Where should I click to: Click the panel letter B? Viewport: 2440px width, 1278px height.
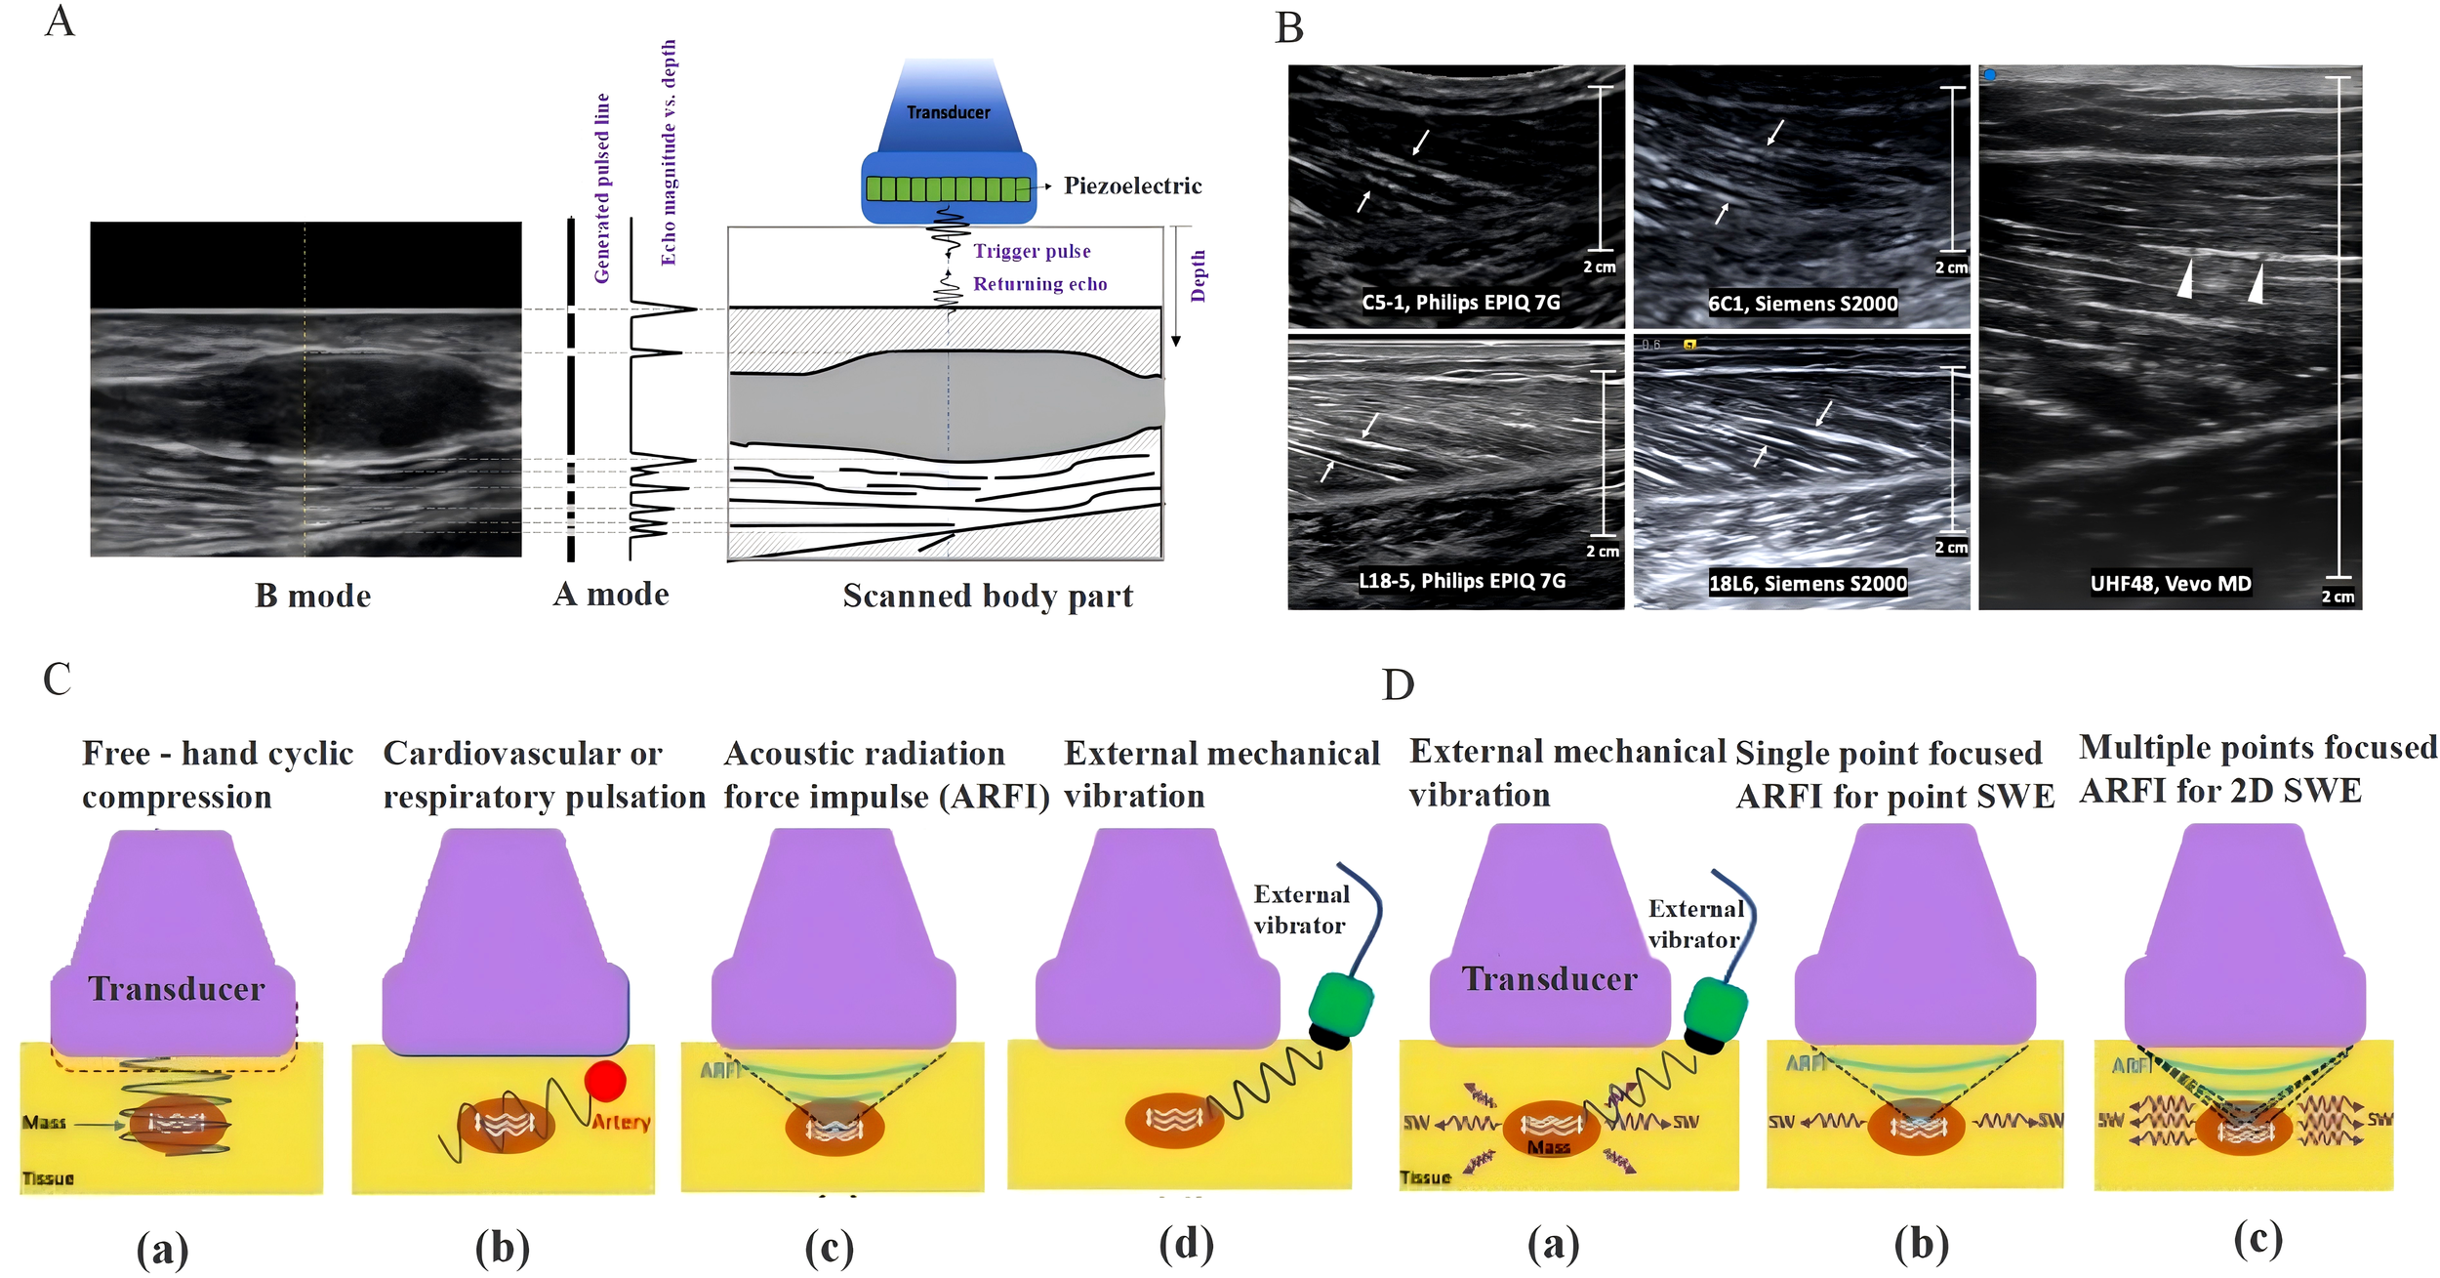coord(1289,28)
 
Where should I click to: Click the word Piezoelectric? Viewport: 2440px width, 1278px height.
coord(1132,186)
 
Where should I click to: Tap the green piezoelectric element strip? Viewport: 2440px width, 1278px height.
coord(948,188)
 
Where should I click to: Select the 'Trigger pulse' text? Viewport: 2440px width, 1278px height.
coord(1032,251)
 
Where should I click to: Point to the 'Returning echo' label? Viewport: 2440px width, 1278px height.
coord(1039,284)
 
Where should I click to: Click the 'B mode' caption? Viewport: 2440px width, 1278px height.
coord(312,596)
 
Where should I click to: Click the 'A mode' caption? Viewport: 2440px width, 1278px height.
coord(611,594)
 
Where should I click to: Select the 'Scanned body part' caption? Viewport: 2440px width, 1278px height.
coord(988,596)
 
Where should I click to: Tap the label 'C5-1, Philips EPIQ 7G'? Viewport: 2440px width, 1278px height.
coord(1460,302)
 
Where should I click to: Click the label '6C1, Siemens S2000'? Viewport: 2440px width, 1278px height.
coord(1803,304)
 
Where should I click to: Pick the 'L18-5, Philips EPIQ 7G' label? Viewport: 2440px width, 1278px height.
coord(1462,581)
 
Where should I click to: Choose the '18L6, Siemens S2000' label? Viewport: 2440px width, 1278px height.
coord(1807,584)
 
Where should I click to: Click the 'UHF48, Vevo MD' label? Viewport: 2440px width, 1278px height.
coord(2170,584)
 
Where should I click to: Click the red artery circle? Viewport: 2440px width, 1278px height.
coord(605,1081)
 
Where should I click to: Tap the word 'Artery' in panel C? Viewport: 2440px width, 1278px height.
coord(621,1123)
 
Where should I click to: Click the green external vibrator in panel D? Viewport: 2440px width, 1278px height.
coord(1715,1012)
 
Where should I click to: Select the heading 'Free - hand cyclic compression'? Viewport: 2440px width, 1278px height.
coord(217,774)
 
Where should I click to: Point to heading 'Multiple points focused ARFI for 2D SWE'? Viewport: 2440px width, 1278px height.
coord(2257,768)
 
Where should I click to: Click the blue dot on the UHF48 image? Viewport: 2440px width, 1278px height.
coord(1989,75)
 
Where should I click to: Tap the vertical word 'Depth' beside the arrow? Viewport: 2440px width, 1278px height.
coord(1199,275)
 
